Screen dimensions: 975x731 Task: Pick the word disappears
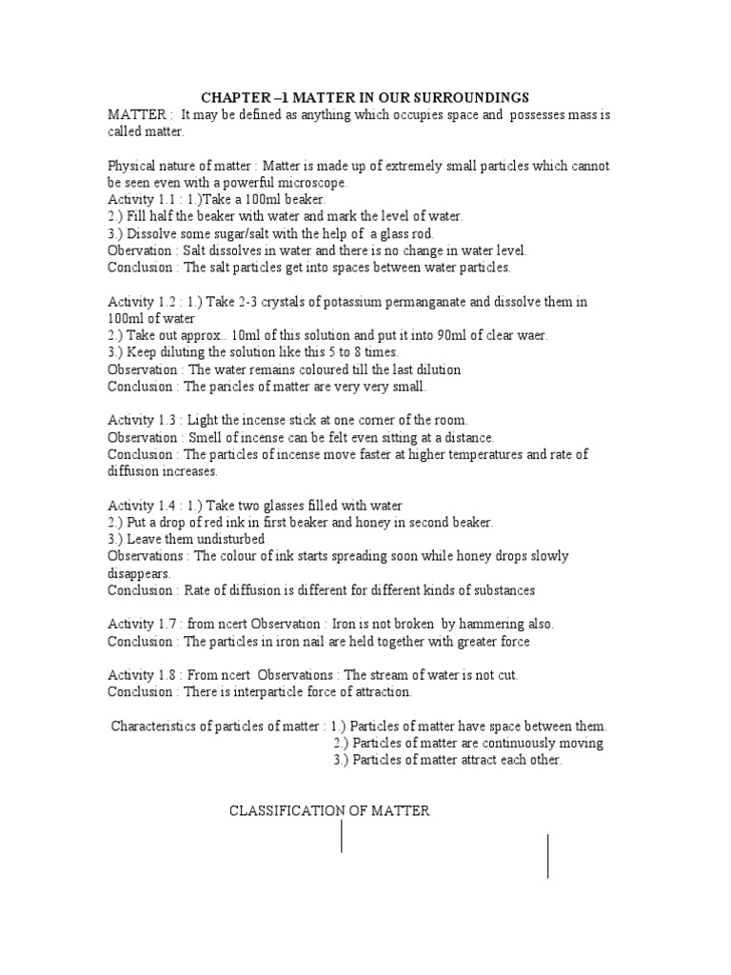[x=138, y=573]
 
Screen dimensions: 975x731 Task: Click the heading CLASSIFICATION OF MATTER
[x=329, y=811]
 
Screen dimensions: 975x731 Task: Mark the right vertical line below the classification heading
[x=547, y=855]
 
